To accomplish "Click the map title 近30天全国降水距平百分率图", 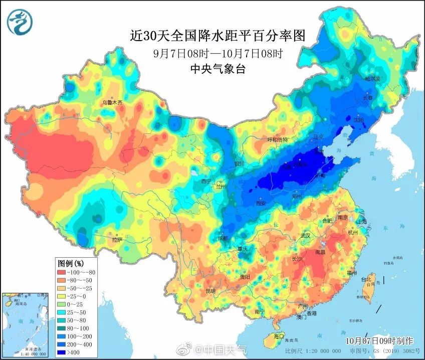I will [217, 36].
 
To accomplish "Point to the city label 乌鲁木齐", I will [112, 102].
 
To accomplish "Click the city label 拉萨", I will [117, 240].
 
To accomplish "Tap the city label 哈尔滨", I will [372, 79].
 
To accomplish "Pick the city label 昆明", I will [210, 291].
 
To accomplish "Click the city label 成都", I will [223, 238].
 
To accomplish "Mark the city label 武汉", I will [305, 235].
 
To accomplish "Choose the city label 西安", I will [260, 204].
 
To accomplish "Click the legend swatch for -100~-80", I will [64, 272].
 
